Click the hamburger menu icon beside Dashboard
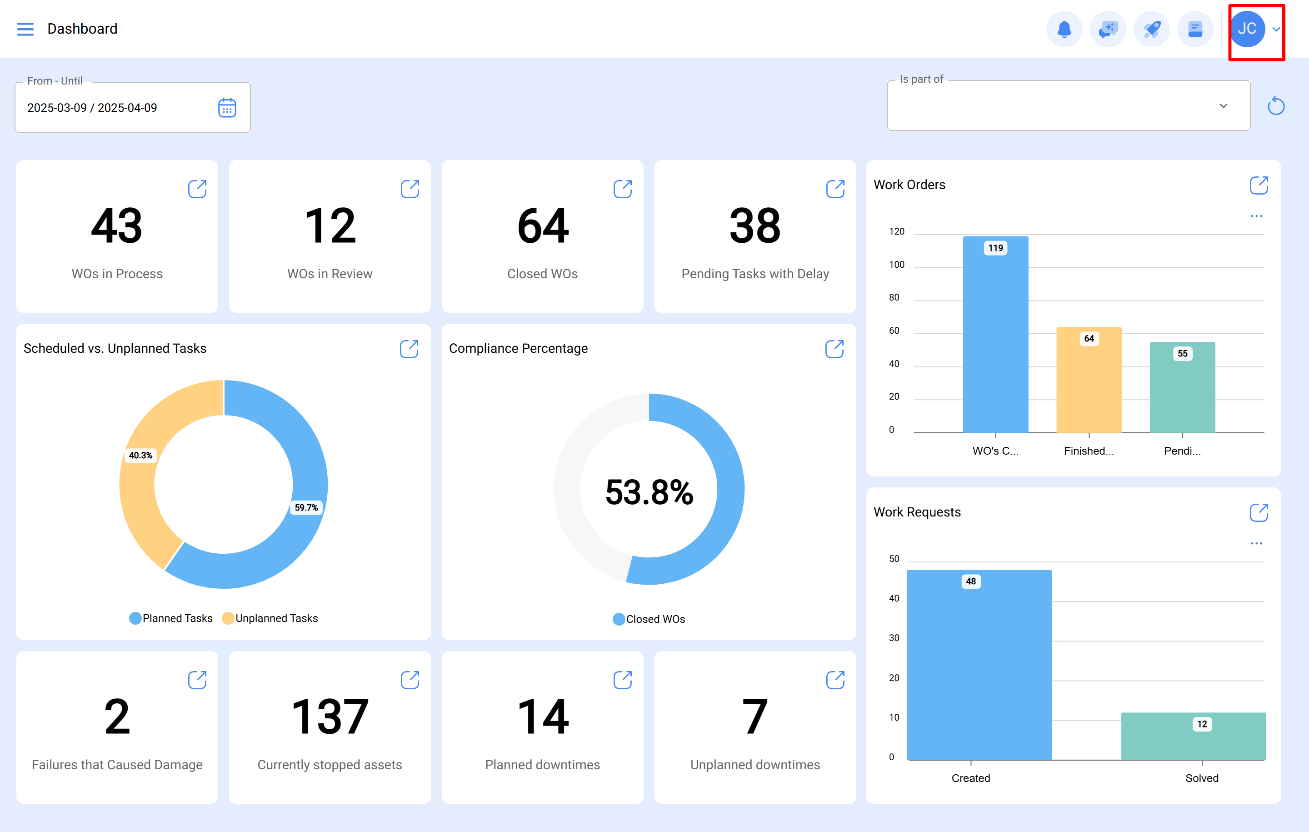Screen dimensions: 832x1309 point(25,29)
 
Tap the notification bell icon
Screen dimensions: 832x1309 point(1064,29)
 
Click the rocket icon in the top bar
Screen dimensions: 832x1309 point(1151,29)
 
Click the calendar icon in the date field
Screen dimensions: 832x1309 point(227,108)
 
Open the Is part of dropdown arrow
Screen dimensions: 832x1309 point(1223,106)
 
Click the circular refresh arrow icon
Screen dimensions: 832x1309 point(1275,106)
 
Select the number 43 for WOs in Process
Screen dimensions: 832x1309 point(117,226)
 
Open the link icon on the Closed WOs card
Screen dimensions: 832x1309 point(622,189)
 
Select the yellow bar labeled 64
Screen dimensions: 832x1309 point(1089,381)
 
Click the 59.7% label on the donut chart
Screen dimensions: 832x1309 point(306,507)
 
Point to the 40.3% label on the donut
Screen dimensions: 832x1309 point(140,455)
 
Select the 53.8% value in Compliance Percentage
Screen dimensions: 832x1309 point(649,492)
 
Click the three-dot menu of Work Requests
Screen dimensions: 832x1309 point(1256,543)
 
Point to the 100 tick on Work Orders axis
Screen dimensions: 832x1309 point(896,265)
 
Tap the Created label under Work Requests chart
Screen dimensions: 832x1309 point(970,778)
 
